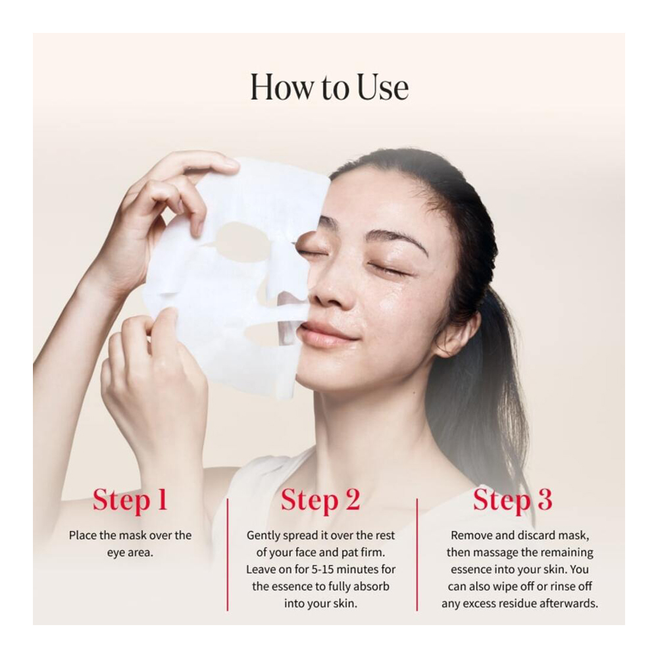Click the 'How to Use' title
tap(330, 88)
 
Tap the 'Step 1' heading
tap(130, 499)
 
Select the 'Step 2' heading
tap(320, 499)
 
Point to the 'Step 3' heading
tap(513, 499)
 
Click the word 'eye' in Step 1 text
tap(116, 553)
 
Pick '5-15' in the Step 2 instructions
tap(322, 569)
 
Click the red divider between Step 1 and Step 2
tap(228, 554)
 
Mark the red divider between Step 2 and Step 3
tap(417, 554)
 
